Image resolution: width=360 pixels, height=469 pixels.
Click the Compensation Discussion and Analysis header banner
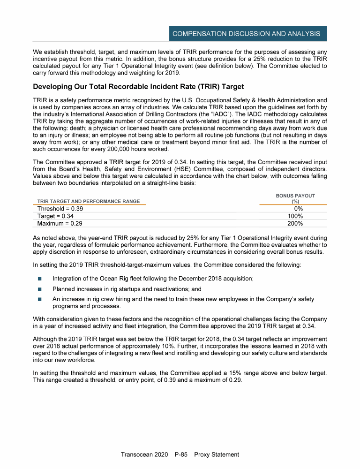pos(246,34)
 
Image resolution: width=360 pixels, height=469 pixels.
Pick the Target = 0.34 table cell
pos(55,216)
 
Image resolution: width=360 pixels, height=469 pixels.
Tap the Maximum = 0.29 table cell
pos(60,224)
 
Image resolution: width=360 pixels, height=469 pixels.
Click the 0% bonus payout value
pos(298,209)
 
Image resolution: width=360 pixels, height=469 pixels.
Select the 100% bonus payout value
pos(295,216)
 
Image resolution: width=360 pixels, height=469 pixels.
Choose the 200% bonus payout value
pos(295,224)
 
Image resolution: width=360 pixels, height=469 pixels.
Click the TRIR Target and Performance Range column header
pos(89,201)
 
